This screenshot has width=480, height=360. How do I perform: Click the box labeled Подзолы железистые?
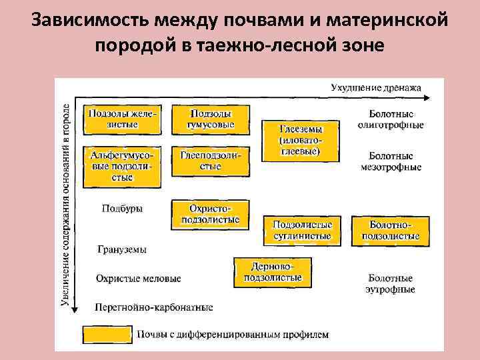click(x=122, y=119)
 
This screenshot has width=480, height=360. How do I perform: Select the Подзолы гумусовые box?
click(x=211, y=119)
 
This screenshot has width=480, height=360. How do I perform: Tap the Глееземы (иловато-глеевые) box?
click(x=299, y=140)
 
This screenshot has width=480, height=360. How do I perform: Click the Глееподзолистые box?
click(x=211, y=160)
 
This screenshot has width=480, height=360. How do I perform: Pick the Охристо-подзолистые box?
click(x=211, y=213)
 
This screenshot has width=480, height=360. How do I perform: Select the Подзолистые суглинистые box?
click(x=302, y=230)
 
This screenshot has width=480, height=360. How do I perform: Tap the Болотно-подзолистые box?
click(x=390, y=230)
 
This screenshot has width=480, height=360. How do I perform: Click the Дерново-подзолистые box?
click(x=273, y=271)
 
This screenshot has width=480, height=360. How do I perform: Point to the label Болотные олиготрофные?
click(x=390, y=119)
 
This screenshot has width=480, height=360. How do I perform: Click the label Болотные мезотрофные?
click(x=390, y=161)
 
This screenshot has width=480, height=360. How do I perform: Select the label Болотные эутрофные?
click(x=390, y=283)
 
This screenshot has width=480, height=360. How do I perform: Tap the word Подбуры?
click(x=121, y=208)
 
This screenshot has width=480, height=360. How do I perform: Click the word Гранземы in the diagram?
click(x=121, y=249)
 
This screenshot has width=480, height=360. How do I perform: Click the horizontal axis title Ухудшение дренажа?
click(x=376, y=87)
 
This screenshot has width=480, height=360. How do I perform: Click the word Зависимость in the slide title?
click(x=89, y=19)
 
